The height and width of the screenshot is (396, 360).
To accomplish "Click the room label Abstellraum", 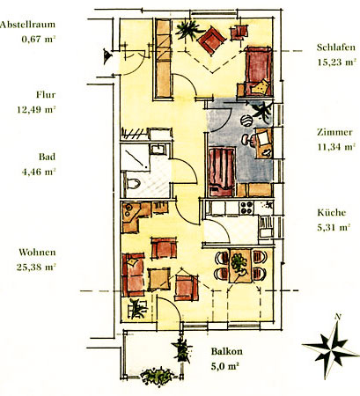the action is click(x=27, y=25).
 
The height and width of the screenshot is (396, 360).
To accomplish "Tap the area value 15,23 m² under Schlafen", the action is click(x=336, y=62).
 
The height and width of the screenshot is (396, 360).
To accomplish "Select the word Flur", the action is click(x=46, y=95).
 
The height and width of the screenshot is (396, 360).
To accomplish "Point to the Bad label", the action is click(x=47, y=157).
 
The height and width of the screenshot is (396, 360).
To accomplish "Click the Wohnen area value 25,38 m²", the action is click(x=36, y=268).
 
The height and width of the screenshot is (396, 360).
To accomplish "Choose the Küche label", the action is click(x=332, y=212).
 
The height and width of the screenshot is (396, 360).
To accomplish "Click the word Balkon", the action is click(x=227, y=351).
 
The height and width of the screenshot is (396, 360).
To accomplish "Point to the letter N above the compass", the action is click(x=338, y=317).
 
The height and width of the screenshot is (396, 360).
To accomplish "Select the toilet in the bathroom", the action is click(x=134, y=184).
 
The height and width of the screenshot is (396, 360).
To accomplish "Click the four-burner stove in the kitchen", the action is click(x=246, y=208).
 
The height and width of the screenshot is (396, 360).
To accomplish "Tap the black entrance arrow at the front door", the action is click(x=107, y=56).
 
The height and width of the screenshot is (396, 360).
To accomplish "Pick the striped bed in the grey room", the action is click(x=221, y=172).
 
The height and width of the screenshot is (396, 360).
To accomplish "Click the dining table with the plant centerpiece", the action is click(x=240, y=266).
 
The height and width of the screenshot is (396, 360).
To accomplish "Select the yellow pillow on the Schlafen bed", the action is click(x=261, y=87).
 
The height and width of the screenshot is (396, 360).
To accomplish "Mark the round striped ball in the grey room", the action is click(x=246, y=121).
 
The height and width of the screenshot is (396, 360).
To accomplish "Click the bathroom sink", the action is click(x=158, y=149).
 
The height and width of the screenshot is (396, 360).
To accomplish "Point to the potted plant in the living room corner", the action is click(x=137, y=309).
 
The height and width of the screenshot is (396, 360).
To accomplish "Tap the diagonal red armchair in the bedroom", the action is click(x=211, y=40).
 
